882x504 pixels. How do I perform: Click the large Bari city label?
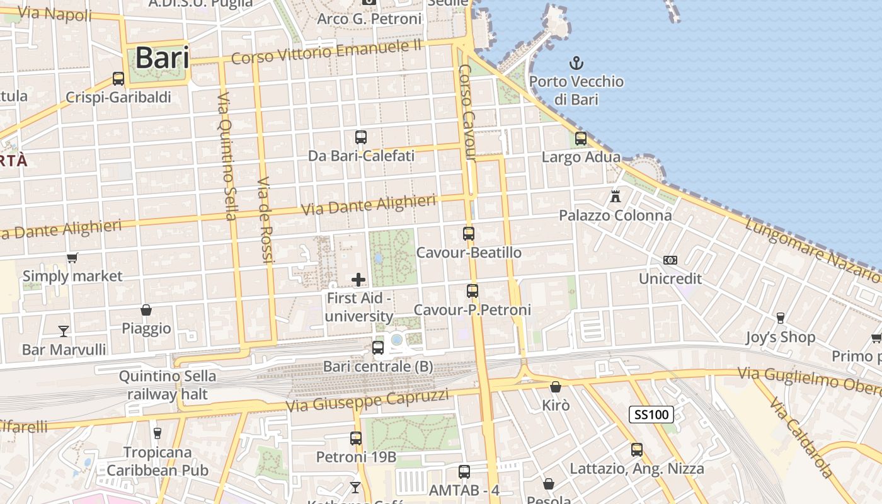[x=162, y=58]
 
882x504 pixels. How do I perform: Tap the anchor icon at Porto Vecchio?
[x=576, y=63]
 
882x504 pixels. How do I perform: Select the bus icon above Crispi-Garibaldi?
[x=118, y=79]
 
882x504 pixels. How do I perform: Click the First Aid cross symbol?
[x=358, y=279]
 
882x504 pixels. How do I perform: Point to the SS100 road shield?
[x=651, y=415]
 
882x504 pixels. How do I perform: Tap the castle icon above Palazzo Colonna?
[x=616, y=196]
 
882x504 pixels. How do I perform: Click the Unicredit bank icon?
[x=670, y=260]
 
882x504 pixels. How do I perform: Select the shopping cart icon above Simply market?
[x=72, y=258]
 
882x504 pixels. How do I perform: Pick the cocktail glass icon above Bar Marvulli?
[x=64, y=331]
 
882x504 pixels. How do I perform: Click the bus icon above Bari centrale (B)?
[x=378, y=347]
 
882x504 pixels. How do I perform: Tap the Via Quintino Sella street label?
[x=227, y=156]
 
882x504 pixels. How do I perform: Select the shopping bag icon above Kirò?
[x=556, y=387]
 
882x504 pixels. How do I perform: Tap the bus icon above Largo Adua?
[x=581, y=138]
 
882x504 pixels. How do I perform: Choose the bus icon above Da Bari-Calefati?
[x=361, y=137]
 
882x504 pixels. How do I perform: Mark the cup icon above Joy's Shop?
[x=781, y=318]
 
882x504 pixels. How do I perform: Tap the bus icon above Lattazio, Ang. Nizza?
[x=637, y=450]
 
